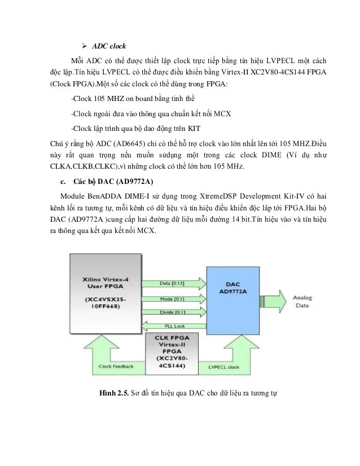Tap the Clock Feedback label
coord(116,366)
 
